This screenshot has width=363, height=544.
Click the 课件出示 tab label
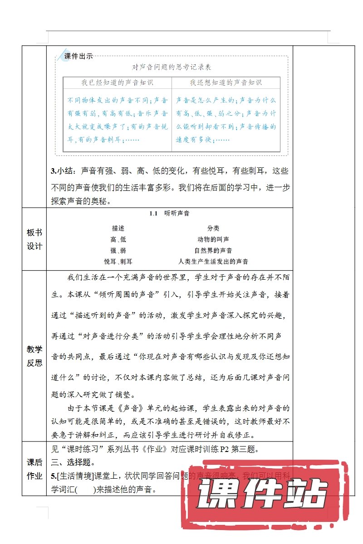tap(78, 57)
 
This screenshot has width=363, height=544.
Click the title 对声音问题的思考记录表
tap(172, 67)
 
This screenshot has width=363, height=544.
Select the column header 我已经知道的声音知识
tap(118, 83)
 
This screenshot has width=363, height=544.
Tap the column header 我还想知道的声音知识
tap(226, 83)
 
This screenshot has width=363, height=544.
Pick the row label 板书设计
tap(34, 239)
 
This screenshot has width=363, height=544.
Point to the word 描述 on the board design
tap(118, 228)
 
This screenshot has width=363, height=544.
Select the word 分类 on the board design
tap(213, 228)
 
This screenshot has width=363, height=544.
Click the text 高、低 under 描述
tap(118, 239)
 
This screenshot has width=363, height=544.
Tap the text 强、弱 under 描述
tap(118, 251)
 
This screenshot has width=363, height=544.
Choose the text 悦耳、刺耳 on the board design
tap(118, 262)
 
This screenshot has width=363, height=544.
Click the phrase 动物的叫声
tap(213, 239)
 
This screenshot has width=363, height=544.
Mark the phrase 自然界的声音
tap(213, 251)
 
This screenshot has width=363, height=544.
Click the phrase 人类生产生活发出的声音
tap(213, 262)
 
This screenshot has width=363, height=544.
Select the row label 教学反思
tap(34, 356)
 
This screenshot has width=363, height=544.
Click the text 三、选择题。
tap(73, 463)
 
